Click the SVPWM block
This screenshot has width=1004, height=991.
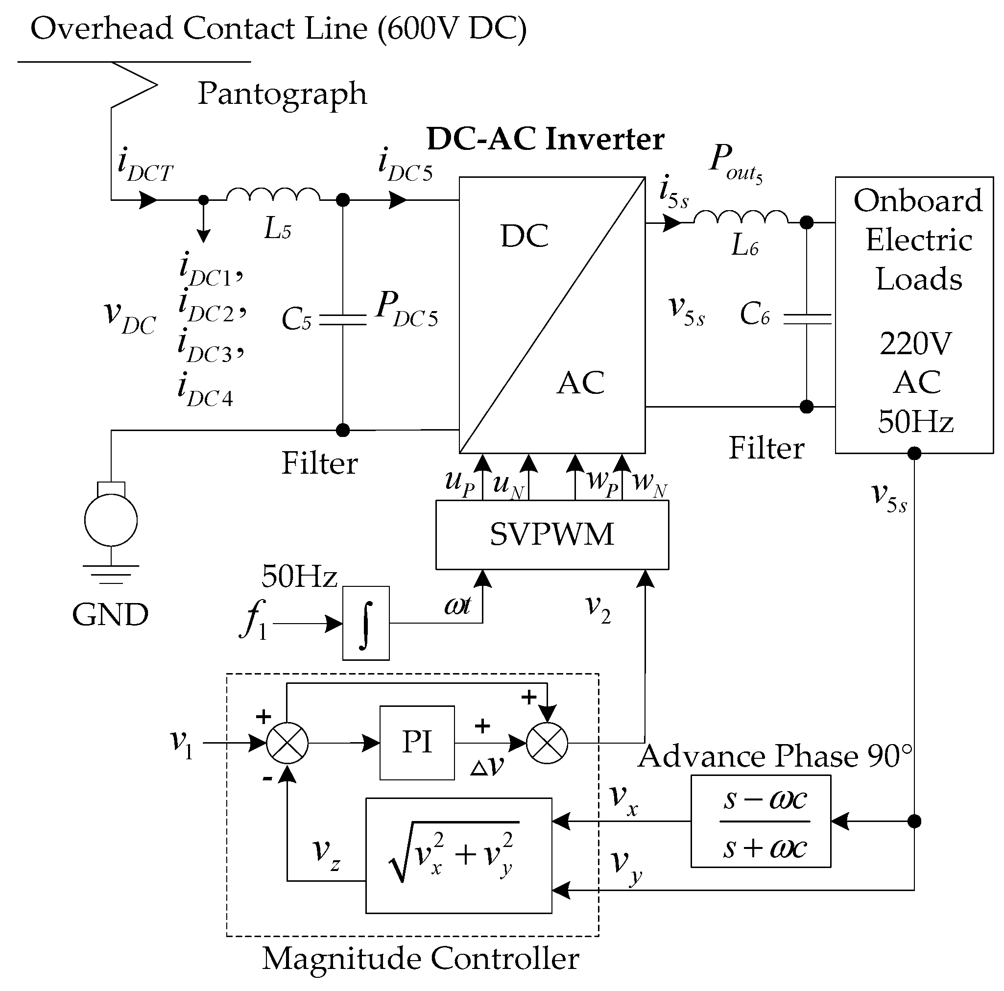point(551,535)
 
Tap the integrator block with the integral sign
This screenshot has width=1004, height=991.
point(366,623)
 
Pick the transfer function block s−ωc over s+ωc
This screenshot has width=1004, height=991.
point(760,822)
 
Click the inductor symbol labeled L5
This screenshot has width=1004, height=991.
point(273,195)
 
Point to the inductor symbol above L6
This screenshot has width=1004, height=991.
point(741,217)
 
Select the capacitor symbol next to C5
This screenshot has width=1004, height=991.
point(342,319)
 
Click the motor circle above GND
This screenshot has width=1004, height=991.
point(111,520)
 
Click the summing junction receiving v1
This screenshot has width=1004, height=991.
point(287,743)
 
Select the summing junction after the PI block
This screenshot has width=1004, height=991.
point(547,743)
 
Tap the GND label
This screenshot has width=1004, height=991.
point(110,615)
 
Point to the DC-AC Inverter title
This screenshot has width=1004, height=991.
point(545,139)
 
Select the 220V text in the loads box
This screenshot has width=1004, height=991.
point(916,343)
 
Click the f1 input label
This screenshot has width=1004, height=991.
point(254,620)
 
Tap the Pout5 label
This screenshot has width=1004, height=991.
point(735,162)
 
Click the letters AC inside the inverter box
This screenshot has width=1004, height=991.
point(580,383)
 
